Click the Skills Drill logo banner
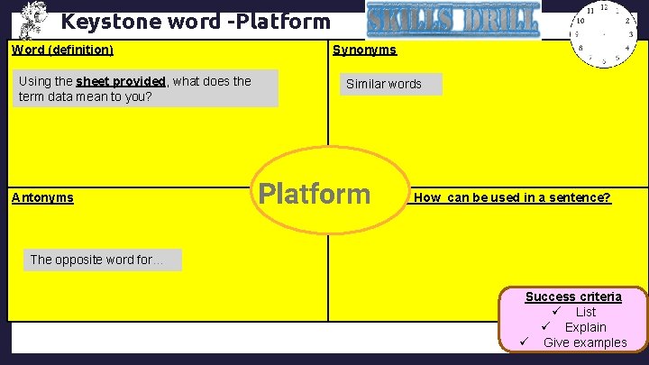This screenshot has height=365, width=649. point(453,20)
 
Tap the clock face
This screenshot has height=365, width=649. point(605,35)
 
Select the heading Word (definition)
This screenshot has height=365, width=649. point(62,50)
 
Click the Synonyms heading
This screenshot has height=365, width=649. point(364,50)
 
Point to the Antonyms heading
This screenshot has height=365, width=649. point(42,197)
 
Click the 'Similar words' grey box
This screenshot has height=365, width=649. point(384,84)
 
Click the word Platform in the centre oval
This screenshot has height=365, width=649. point(314,194)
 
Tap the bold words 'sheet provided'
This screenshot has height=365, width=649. point(121,81)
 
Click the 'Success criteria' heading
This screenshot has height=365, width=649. point(573,297)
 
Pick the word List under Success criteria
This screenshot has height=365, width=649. point(586,312)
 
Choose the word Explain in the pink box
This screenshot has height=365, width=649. point(585,327)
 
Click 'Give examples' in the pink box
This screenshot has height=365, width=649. point(585,342)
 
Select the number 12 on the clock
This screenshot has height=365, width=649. point(603,7)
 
